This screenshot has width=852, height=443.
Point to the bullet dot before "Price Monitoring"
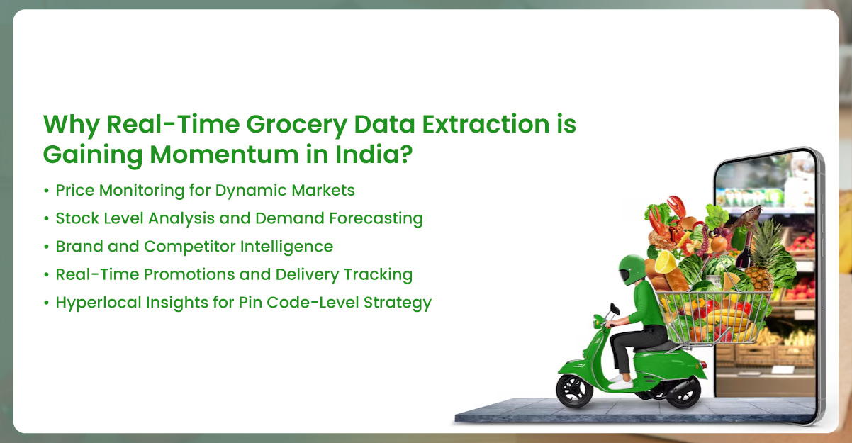click(46, 191)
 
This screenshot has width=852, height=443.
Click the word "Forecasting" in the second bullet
click(376, 218)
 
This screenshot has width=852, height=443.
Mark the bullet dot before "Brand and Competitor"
click(46, 247)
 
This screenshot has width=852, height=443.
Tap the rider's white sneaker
click(622, 383)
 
